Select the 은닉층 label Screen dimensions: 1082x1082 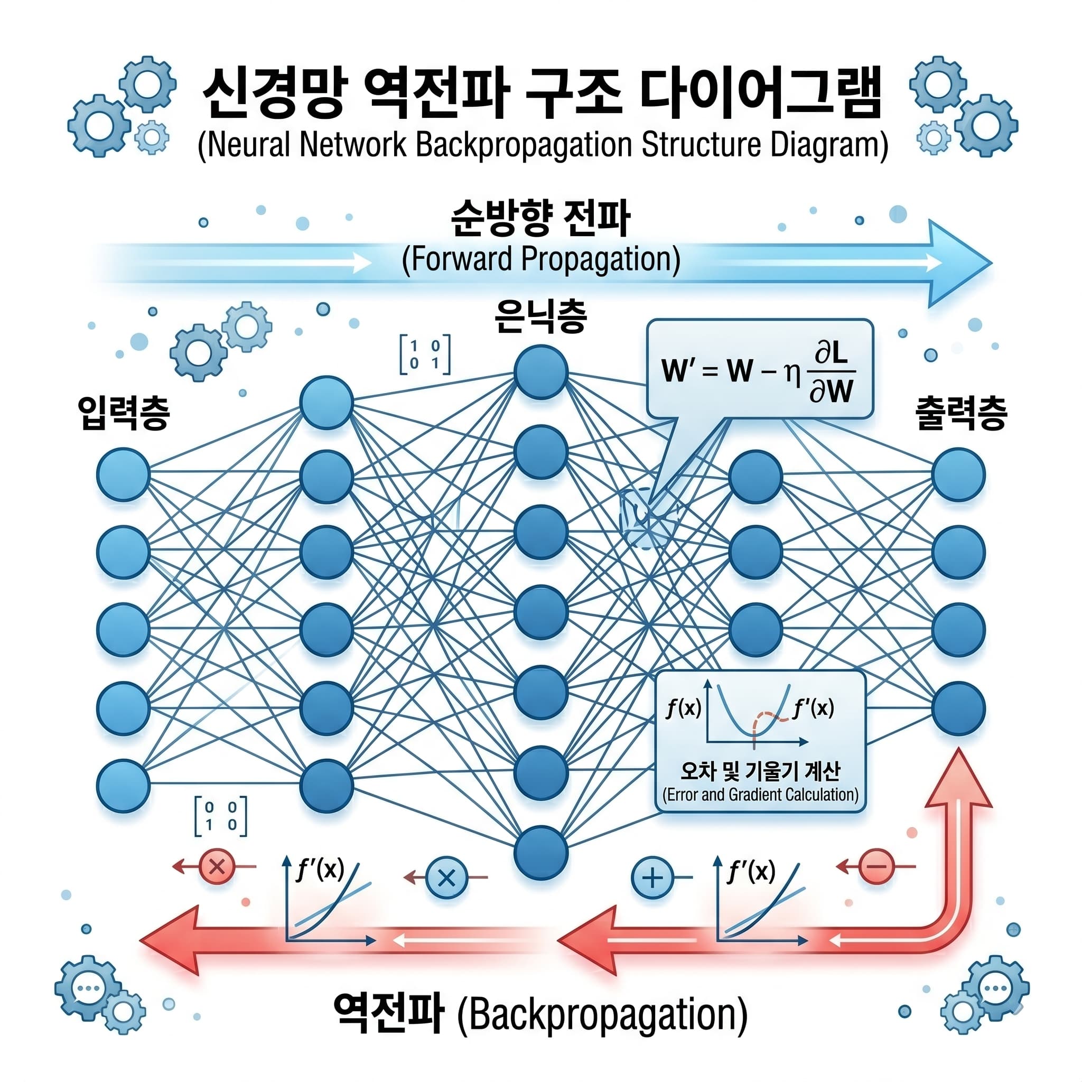click(x=540, y=316)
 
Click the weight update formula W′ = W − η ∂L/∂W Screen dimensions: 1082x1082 click(x=759, y=371)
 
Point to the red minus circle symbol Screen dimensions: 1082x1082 click(x=876, y=867)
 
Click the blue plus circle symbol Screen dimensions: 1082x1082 click(x=652, y=878)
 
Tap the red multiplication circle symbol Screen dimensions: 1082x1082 click(x=217, y=867)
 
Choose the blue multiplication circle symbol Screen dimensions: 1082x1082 click(x=446, y=878)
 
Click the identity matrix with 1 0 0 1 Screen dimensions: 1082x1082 click(x=425, y=355)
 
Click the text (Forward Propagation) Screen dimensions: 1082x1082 click(x=541, y=260)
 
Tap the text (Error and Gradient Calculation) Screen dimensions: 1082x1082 click(x=760, y=795)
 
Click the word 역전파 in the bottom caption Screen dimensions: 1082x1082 click(x=389, y=1013)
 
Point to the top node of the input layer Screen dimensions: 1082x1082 click(x=123, y=474)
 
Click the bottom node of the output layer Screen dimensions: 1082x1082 click(x=958, y=708)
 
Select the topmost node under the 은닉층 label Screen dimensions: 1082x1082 click(x=541, y=372)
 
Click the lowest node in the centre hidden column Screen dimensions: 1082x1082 click(x=541, y=852)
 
